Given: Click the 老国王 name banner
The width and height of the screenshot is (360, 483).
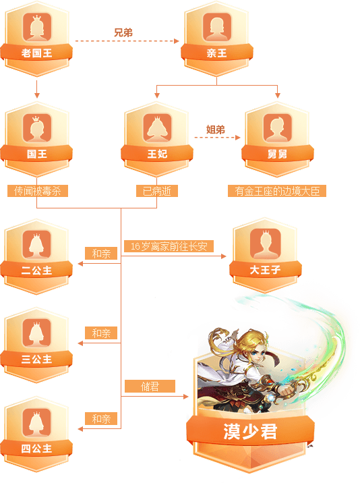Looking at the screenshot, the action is point(36,53).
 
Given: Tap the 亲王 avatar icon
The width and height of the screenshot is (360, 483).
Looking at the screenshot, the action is point(217,27).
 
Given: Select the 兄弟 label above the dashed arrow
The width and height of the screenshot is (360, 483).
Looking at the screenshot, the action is point(123,32).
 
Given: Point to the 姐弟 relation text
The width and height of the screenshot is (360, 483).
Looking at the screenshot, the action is point(216,130).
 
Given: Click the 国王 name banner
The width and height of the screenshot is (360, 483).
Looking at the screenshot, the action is point(36,153).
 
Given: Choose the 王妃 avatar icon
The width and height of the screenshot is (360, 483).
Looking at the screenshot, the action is point(157,128).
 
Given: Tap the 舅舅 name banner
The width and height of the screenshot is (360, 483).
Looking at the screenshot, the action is point(278,153).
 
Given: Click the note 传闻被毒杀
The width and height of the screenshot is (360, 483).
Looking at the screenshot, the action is point(38,191).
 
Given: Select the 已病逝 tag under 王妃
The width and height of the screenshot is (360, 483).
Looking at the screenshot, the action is point(157,191).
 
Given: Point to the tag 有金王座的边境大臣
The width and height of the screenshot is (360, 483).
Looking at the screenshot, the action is point(277,191).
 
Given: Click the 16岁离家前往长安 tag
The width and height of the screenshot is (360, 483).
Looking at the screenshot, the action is point(169,246).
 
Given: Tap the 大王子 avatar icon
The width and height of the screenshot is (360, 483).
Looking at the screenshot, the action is point(266,244).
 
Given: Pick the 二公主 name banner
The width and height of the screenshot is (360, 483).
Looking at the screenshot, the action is point(36,270).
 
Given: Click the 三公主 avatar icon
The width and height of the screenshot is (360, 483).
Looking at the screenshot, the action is point(36,333).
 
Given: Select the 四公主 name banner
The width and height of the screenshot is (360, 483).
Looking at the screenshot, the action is point(36,448).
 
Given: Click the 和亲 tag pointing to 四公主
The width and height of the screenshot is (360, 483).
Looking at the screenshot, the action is point(101,419).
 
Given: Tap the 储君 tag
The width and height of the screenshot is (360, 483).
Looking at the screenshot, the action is point(150,386).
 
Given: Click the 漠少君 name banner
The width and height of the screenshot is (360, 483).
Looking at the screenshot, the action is point(250,431).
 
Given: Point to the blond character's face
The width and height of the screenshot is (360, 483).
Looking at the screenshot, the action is point(256,351).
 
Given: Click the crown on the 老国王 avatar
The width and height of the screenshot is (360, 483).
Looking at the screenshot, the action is point(36,18).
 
